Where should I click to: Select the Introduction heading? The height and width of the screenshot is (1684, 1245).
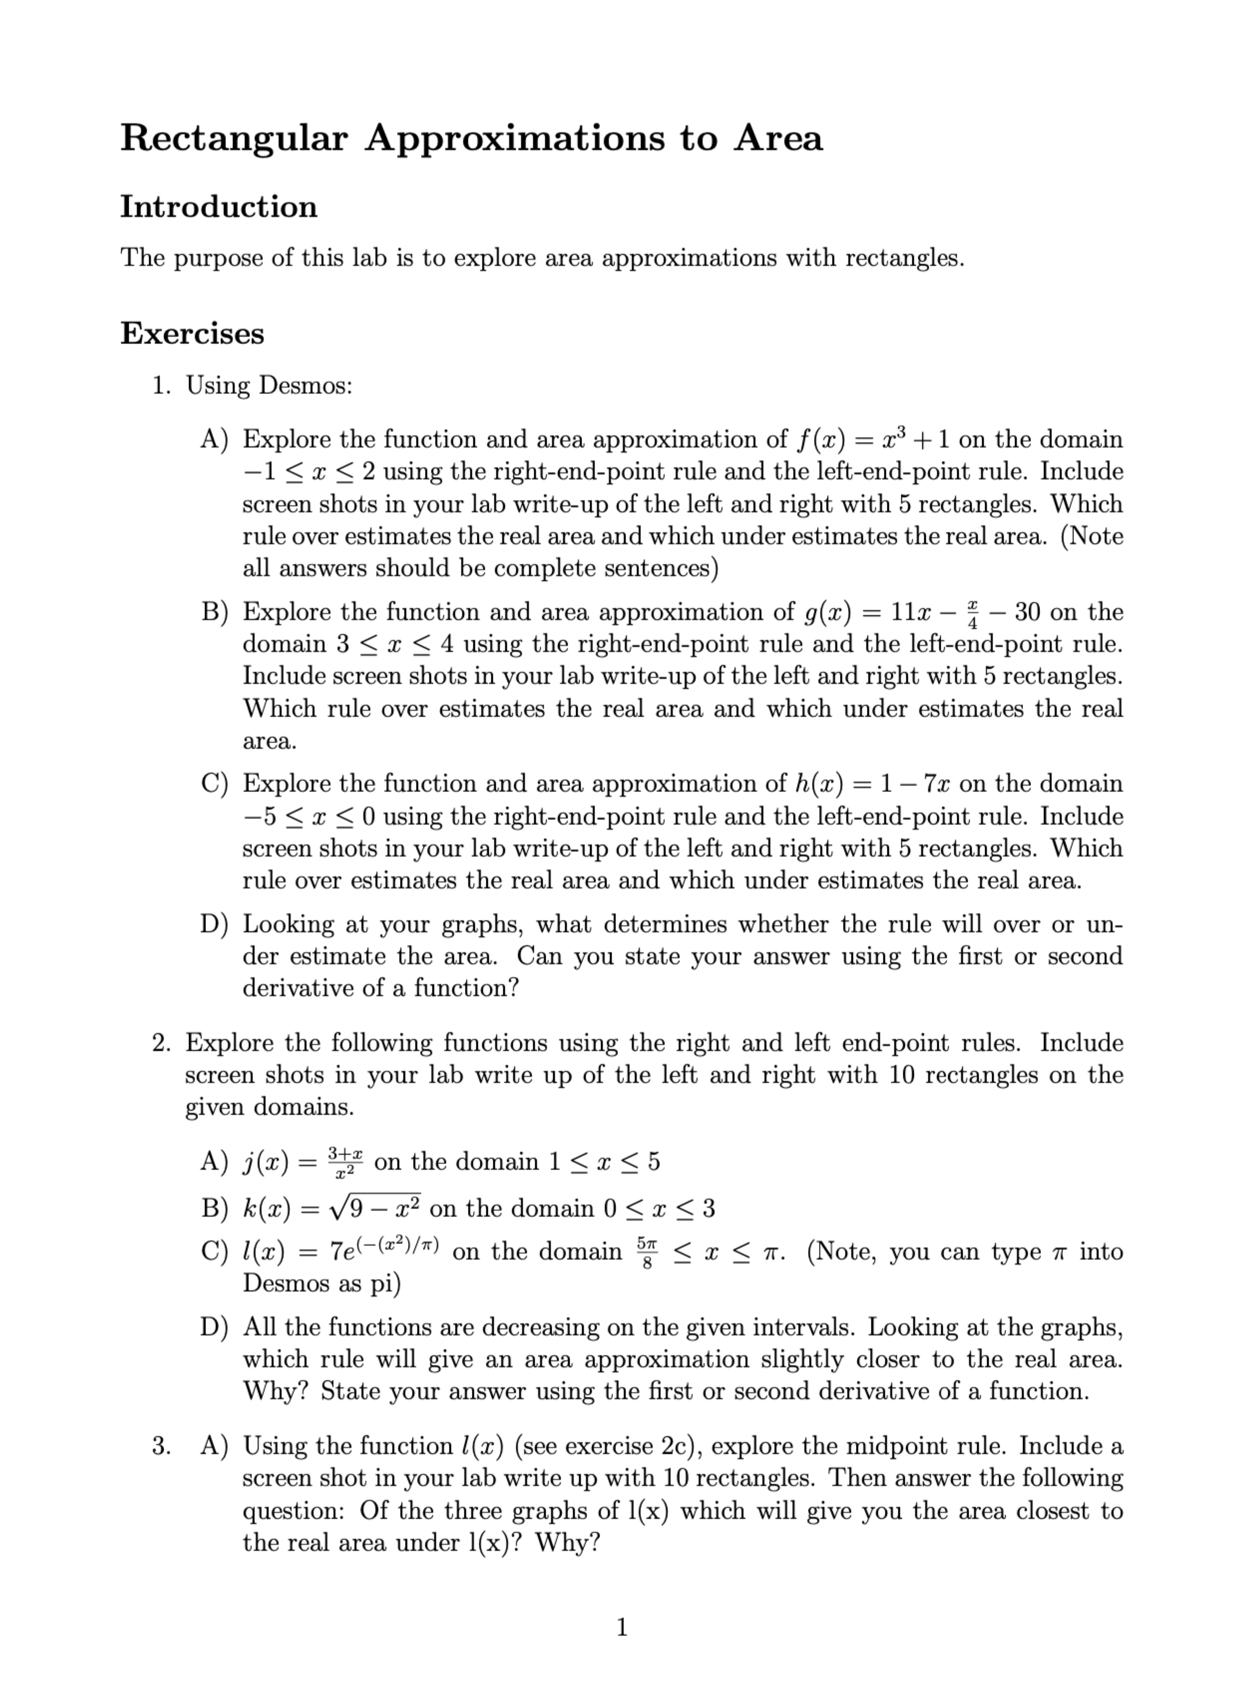point(218,207)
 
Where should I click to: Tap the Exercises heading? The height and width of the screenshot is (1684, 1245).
point(192,334)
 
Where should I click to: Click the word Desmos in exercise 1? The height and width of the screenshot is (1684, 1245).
point(304,386)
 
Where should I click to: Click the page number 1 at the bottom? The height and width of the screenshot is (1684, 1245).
point(622,1628)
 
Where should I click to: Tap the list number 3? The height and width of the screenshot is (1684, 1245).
point(160,1446)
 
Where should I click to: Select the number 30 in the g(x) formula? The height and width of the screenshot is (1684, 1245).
point(1028,612)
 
